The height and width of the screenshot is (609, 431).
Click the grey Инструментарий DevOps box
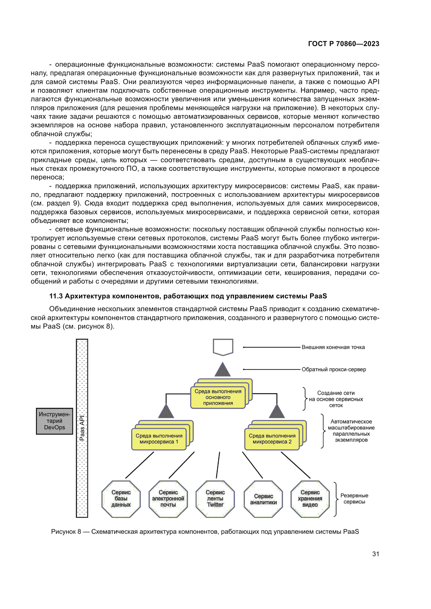click(54, 421)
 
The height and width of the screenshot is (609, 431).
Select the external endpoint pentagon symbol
click(223, 347)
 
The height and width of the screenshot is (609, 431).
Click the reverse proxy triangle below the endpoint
click(222, 370)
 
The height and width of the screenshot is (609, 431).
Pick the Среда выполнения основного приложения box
click(218, 397)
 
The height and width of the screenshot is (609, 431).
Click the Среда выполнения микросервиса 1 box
click(159, 439)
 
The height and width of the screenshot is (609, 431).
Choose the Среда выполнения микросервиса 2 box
click(272, 439)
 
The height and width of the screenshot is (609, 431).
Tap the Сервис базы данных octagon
click(121, 498)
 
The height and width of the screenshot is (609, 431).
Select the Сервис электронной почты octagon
click(168, 498)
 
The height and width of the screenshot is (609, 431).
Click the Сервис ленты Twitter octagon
click(215, 498)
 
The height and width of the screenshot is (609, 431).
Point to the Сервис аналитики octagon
click(263, 499)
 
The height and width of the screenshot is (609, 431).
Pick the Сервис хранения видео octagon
click(310, 498)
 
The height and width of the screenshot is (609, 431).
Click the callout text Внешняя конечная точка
click(333, 347)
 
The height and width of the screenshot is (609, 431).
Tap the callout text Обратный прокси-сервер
click(334, 369)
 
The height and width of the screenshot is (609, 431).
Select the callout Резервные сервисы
click(354, 498)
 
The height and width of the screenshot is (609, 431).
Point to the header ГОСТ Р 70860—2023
click(343, 44)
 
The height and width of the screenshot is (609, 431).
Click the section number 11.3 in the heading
click(56, 296)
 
